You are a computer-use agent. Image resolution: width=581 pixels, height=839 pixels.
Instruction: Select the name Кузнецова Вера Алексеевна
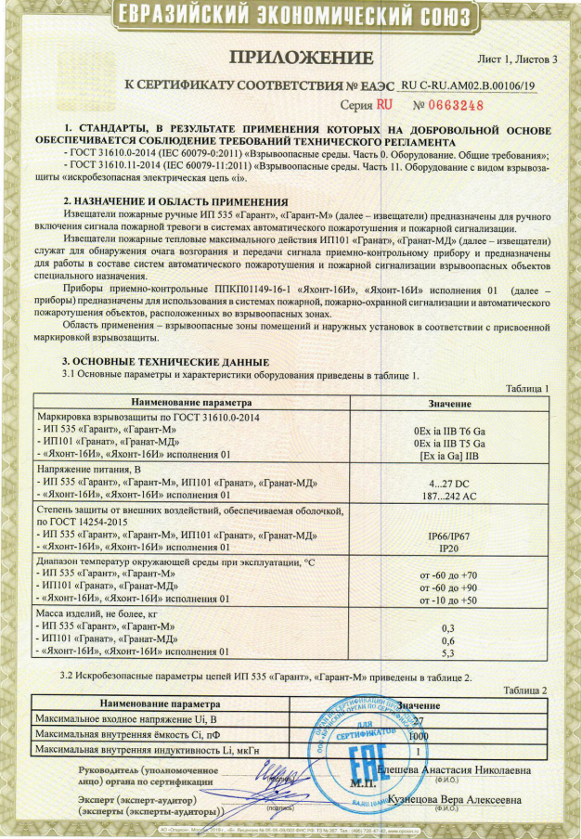pos(454,799)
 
